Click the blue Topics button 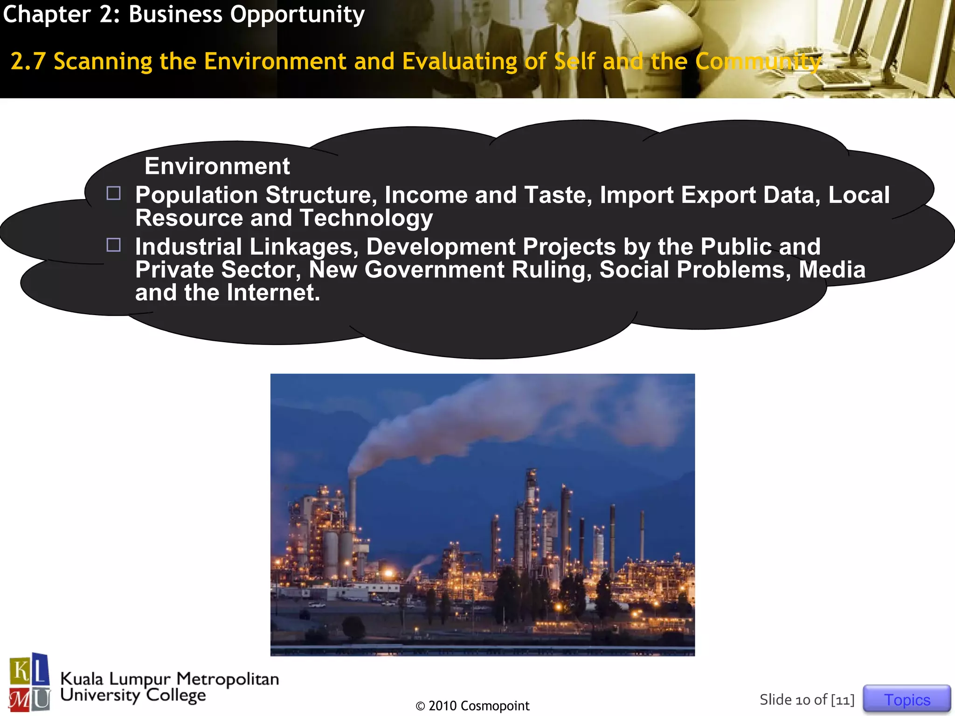pyautogui.click(x=907, y=699)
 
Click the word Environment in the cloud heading pyautogui.click(x=217, y=166)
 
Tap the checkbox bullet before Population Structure pyautogui.click(x=113, y=193)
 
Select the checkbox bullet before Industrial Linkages pyautogui.click(x=113, y=245)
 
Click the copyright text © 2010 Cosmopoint pyautogui.click(x=472, y=706)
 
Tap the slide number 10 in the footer pyautogui.click(x=803, y=700)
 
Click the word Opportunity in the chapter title pyautogui.click(x=297, y=14)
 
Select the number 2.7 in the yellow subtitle pyautogui.click(x=28, y=61)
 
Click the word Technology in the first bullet pyautogui.click(x=366, y=218)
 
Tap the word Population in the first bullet pyautogui.click(x=196, y=195)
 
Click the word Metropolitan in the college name pyautogui.click(x=228, y=679)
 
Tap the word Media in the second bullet pyautogui.click(x=832, y=269)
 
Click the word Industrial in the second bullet pyautogui.click(x=188, y=247)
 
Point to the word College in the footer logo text pyautogui.click(x=176, y=695)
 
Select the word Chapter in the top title pyautogui.click(x=47, y=14)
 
